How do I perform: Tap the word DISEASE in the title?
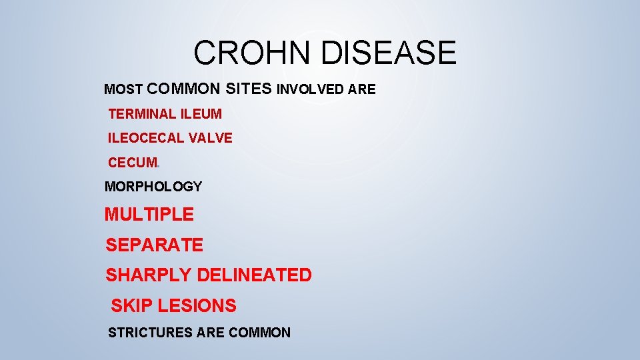[x=389, y=53]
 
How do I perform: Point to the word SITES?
[x=249, y=89]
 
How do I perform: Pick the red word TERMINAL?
[x=141, y=114]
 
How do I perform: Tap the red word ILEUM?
[x=201, y=114]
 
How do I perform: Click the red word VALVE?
[x=210, y=138]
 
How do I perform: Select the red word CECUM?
[x=133, y=163]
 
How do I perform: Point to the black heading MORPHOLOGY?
[x=153, y=187]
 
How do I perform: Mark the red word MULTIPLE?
[x=149, y=215]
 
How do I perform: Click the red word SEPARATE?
[x=154, y=245]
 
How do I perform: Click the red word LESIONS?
[x=197, y=306]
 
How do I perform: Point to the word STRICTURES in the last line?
[x=151, y=332]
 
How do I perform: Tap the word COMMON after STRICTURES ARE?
[x=259, y=332]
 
